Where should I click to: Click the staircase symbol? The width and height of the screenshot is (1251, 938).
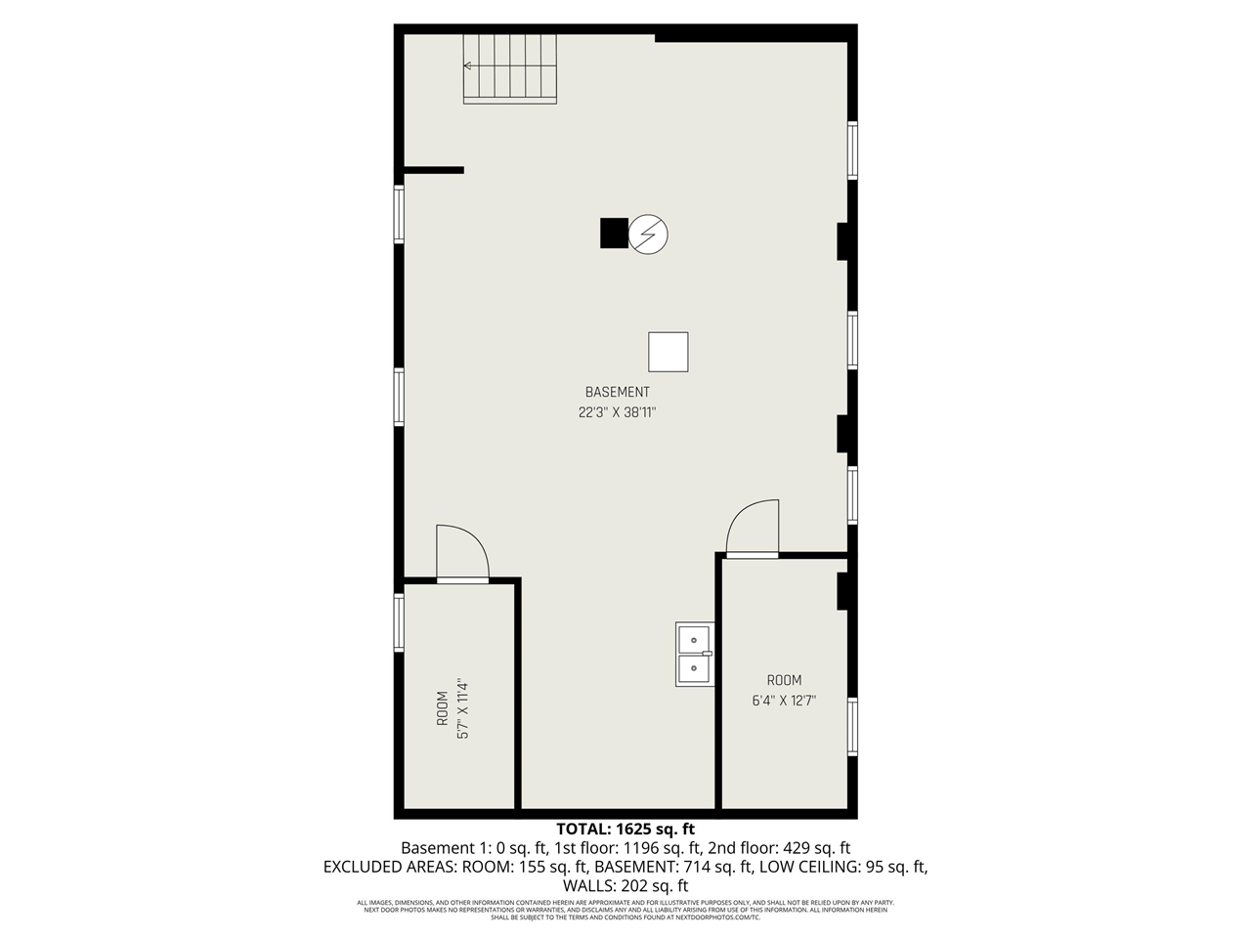510,68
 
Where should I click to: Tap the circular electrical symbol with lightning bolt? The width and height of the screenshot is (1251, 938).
647,234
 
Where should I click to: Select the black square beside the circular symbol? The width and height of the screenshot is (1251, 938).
613,234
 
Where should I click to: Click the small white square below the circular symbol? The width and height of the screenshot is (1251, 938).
669,352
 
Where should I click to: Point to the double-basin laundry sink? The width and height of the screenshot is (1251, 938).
695,654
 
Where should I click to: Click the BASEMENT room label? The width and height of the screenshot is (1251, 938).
617,392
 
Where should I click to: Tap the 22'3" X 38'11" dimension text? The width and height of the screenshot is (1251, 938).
617,412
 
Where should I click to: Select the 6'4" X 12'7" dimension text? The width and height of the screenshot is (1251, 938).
784,701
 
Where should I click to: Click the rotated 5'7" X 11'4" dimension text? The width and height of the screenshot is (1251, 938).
463,708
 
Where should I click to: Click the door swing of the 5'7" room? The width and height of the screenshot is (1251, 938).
460,553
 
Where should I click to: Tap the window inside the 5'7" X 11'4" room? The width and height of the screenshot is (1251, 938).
399,622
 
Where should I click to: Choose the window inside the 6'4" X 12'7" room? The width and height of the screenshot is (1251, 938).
852,727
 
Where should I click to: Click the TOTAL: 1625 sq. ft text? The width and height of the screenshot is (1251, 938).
625,830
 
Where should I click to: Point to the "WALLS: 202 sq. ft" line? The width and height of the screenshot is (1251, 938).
625,885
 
